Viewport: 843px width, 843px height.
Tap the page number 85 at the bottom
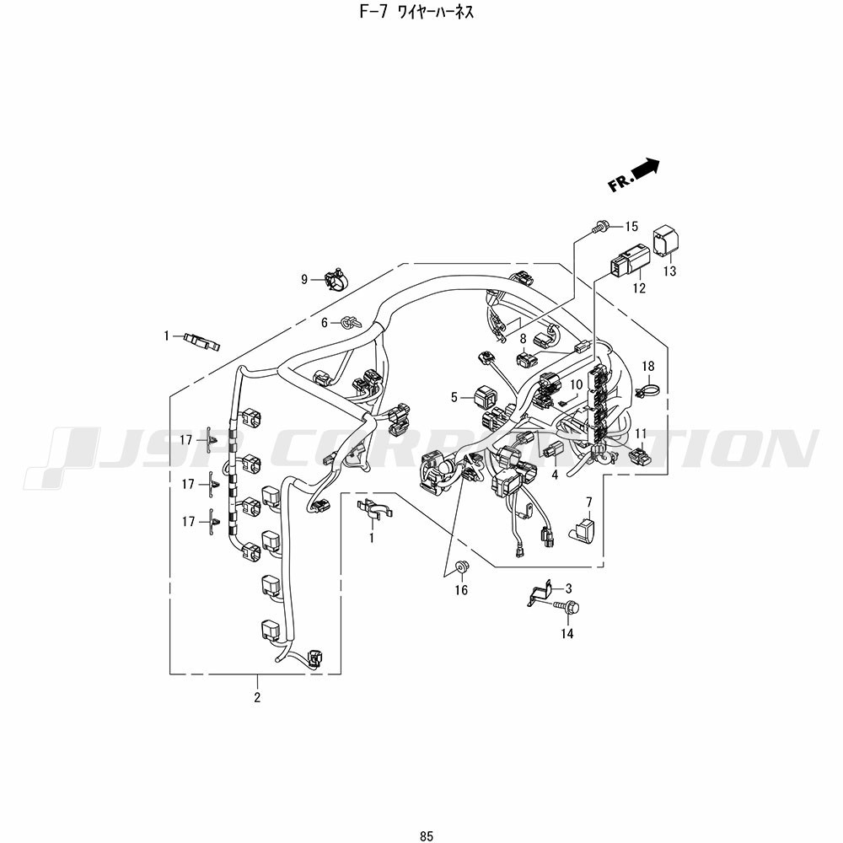[x=427, y=836]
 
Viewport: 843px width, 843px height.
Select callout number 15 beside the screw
[x=631, y=226]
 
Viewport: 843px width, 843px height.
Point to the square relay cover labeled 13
[x=666, y=240]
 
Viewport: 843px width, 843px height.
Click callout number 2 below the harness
[x=257, y=697]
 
